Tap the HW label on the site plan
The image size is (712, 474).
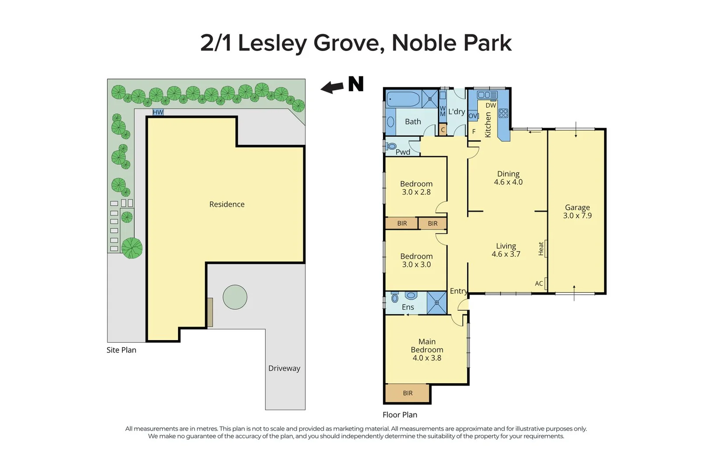(158, 112)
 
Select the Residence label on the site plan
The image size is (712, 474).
(227, 204)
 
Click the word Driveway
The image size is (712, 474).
(284, 368)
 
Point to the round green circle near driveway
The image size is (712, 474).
(235, 297)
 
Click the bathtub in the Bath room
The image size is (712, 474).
(404, 99)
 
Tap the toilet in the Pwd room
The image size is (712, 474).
(391, 146)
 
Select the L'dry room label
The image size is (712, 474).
(456, 111)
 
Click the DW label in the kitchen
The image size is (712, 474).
(491, 105)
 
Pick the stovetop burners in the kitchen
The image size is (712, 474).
(503, 113)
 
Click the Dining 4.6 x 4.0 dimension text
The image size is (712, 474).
(508, 182)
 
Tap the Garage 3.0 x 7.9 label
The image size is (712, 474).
(577, 211)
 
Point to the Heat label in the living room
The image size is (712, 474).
(541, 248)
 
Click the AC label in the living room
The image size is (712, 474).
(539, 284)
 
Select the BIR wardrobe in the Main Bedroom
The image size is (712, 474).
(408, 393)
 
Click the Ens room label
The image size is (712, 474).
(408, 307)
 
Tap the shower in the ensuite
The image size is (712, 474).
(437, 303)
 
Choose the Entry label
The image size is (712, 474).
(458, 291)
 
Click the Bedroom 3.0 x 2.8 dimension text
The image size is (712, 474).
(416, 192)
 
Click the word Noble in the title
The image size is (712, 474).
(419, 43)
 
